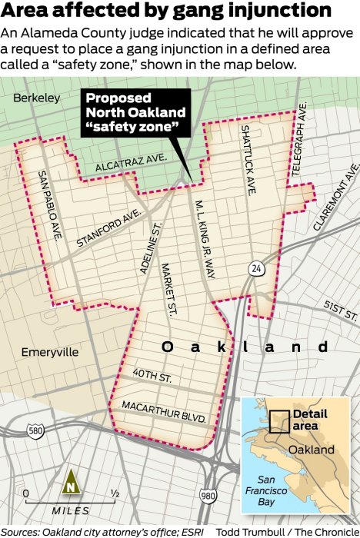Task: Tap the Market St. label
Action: (x=169, y=290)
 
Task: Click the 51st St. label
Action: (x=342, y=311)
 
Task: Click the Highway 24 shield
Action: (x=254, y=268)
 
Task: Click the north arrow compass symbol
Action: (x=71, y=483)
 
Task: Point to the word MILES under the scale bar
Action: (x=70, y=510)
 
